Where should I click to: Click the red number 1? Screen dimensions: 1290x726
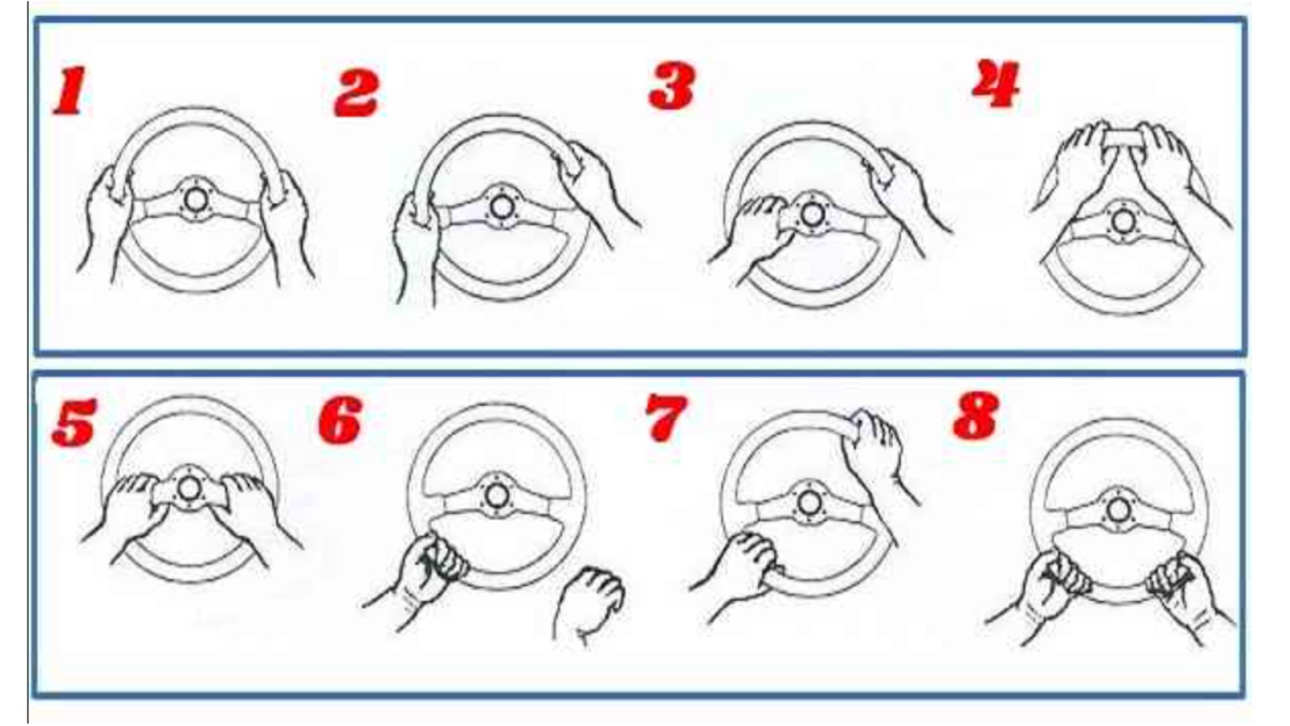point(70,90)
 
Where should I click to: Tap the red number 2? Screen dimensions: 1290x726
point(356,92)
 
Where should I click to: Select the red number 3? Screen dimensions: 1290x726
point(671,86)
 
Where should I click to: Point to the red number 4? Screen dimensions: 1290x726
point(996,83)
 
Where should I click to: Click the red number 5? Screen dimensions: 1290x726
point(74,422)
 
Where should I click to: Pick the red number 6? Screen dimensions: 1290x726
point(340,420)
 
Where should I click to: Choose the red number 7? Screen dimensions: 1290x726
point(666,417)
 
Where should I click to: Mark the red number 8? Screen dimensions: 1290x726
point(976,416)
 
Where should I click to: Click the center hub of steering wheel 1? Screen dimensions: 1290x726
point(196,199)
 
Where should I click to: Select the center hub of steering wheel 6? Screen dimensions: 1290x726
point(496,496)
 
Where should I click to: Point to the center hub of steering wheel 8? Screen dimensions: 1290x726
point(1117,510)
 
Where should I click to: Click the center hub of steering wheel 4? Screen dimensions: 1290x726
point(1121,221)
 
